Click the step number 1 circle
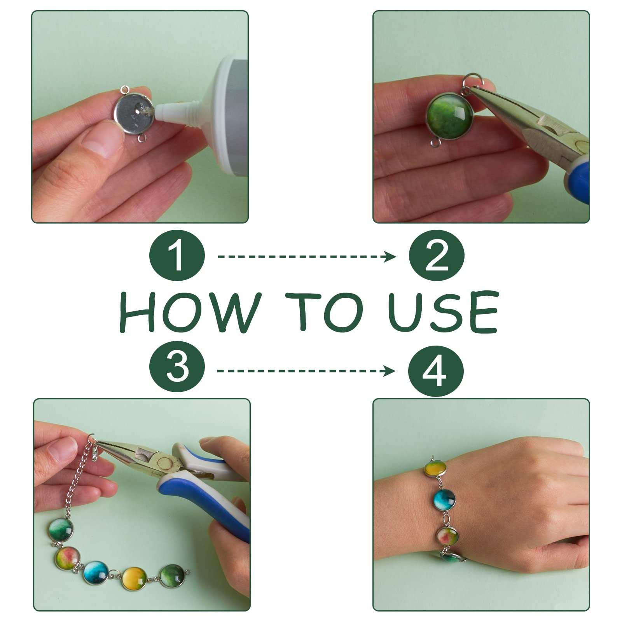177,257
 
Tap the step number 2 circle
437,257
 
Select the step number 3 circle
177,367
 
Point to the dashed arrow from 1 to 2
307,257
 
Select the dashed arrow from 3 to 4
306,371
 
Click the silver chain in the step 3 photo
76,482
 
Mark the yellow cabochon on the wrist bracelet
435,469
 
